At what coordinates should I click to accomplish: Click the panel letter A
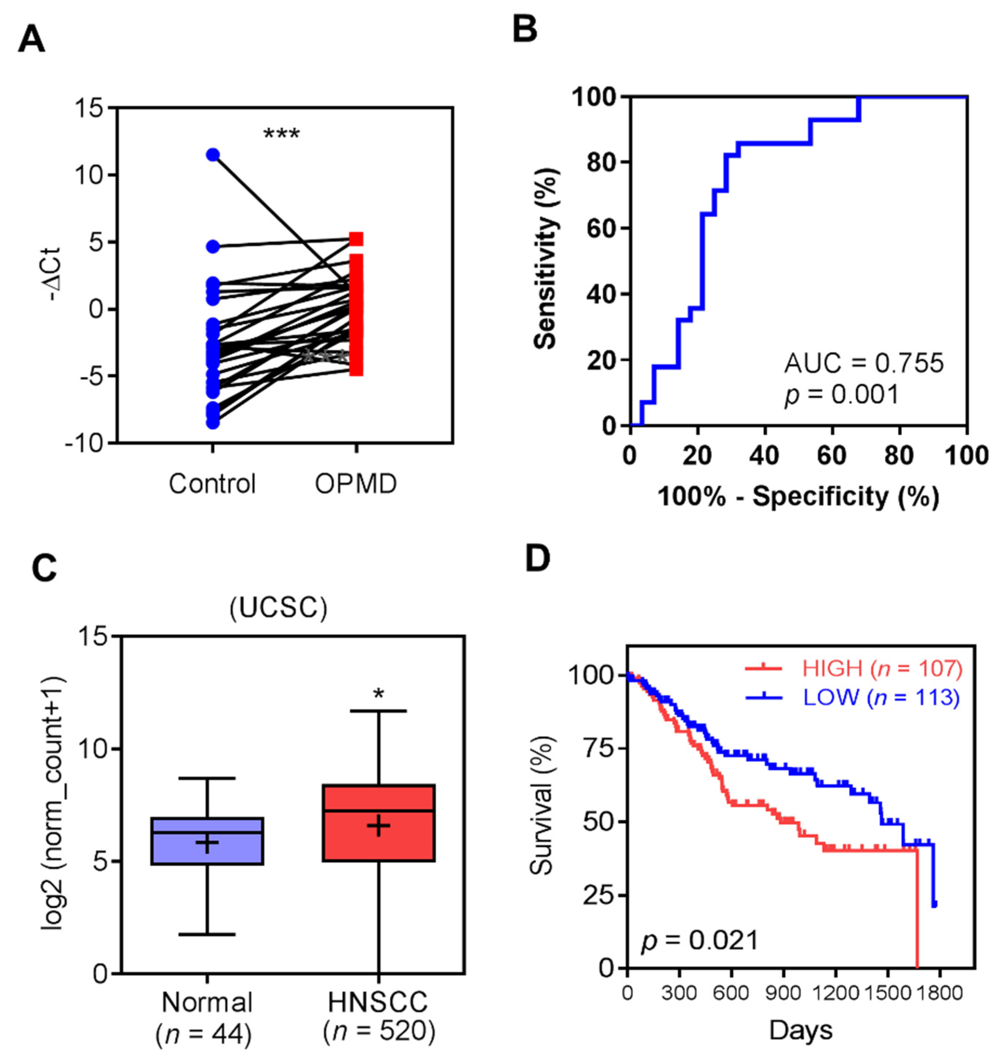point(31,40)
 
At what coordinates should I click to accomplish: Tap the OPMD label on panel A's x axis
point(356,484)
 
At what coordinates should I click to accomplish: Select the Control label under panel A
point(212,484)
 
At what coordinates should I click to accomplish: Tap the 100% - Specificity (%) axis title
point(798,497)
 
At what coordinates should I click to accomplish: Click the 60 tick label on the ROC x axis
point(832,455)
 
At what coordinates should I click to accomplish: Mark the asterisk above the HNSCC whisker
point(379,695)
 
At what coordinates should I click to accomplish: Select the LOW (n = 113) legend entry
point(853,697)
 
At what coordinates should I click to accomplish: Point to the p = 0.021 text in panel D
point(700,940)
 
